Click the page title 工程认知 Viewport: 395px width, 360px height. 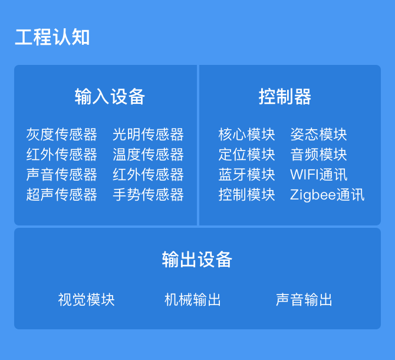[52, 37]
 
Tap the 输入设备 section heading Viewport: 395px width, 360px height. [110, 97]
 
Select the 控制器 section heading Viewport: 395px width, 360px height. [285, 97]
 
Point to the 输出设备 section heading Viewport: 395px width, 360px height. [197, 259]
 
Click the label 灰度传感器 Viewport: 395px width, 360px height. [62, 135]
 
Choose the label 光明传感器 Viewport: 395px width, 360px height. [148, 135]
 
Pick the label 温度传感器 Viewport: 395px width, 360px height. [148, 155]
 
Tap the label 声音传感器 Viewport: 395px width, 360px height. [62, 175]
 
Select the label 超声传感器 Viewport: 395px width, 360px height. [62, 195]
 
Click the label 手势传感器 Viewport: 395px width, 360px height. [148, 195]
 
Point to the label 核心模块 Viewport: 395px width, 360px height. [246, 135]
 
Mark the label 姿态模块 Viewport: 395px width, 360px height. [318, 135]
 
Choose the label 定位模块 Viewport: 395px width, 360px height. [246, 155]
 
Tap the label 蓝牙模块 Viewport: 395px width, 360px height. [246, 175]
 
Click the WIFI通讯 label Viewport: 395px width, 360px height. [319, 175]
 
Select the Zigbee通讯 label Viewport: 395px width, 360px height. [327, 195]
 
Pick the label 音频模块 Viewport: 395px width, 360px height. [318, 155]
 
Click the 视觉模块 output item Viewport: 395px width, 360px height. [87, 300]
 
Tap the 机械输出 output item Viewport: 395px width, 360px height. [193, 300]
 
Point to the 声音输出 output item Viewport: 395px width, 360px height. [304, 300]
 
